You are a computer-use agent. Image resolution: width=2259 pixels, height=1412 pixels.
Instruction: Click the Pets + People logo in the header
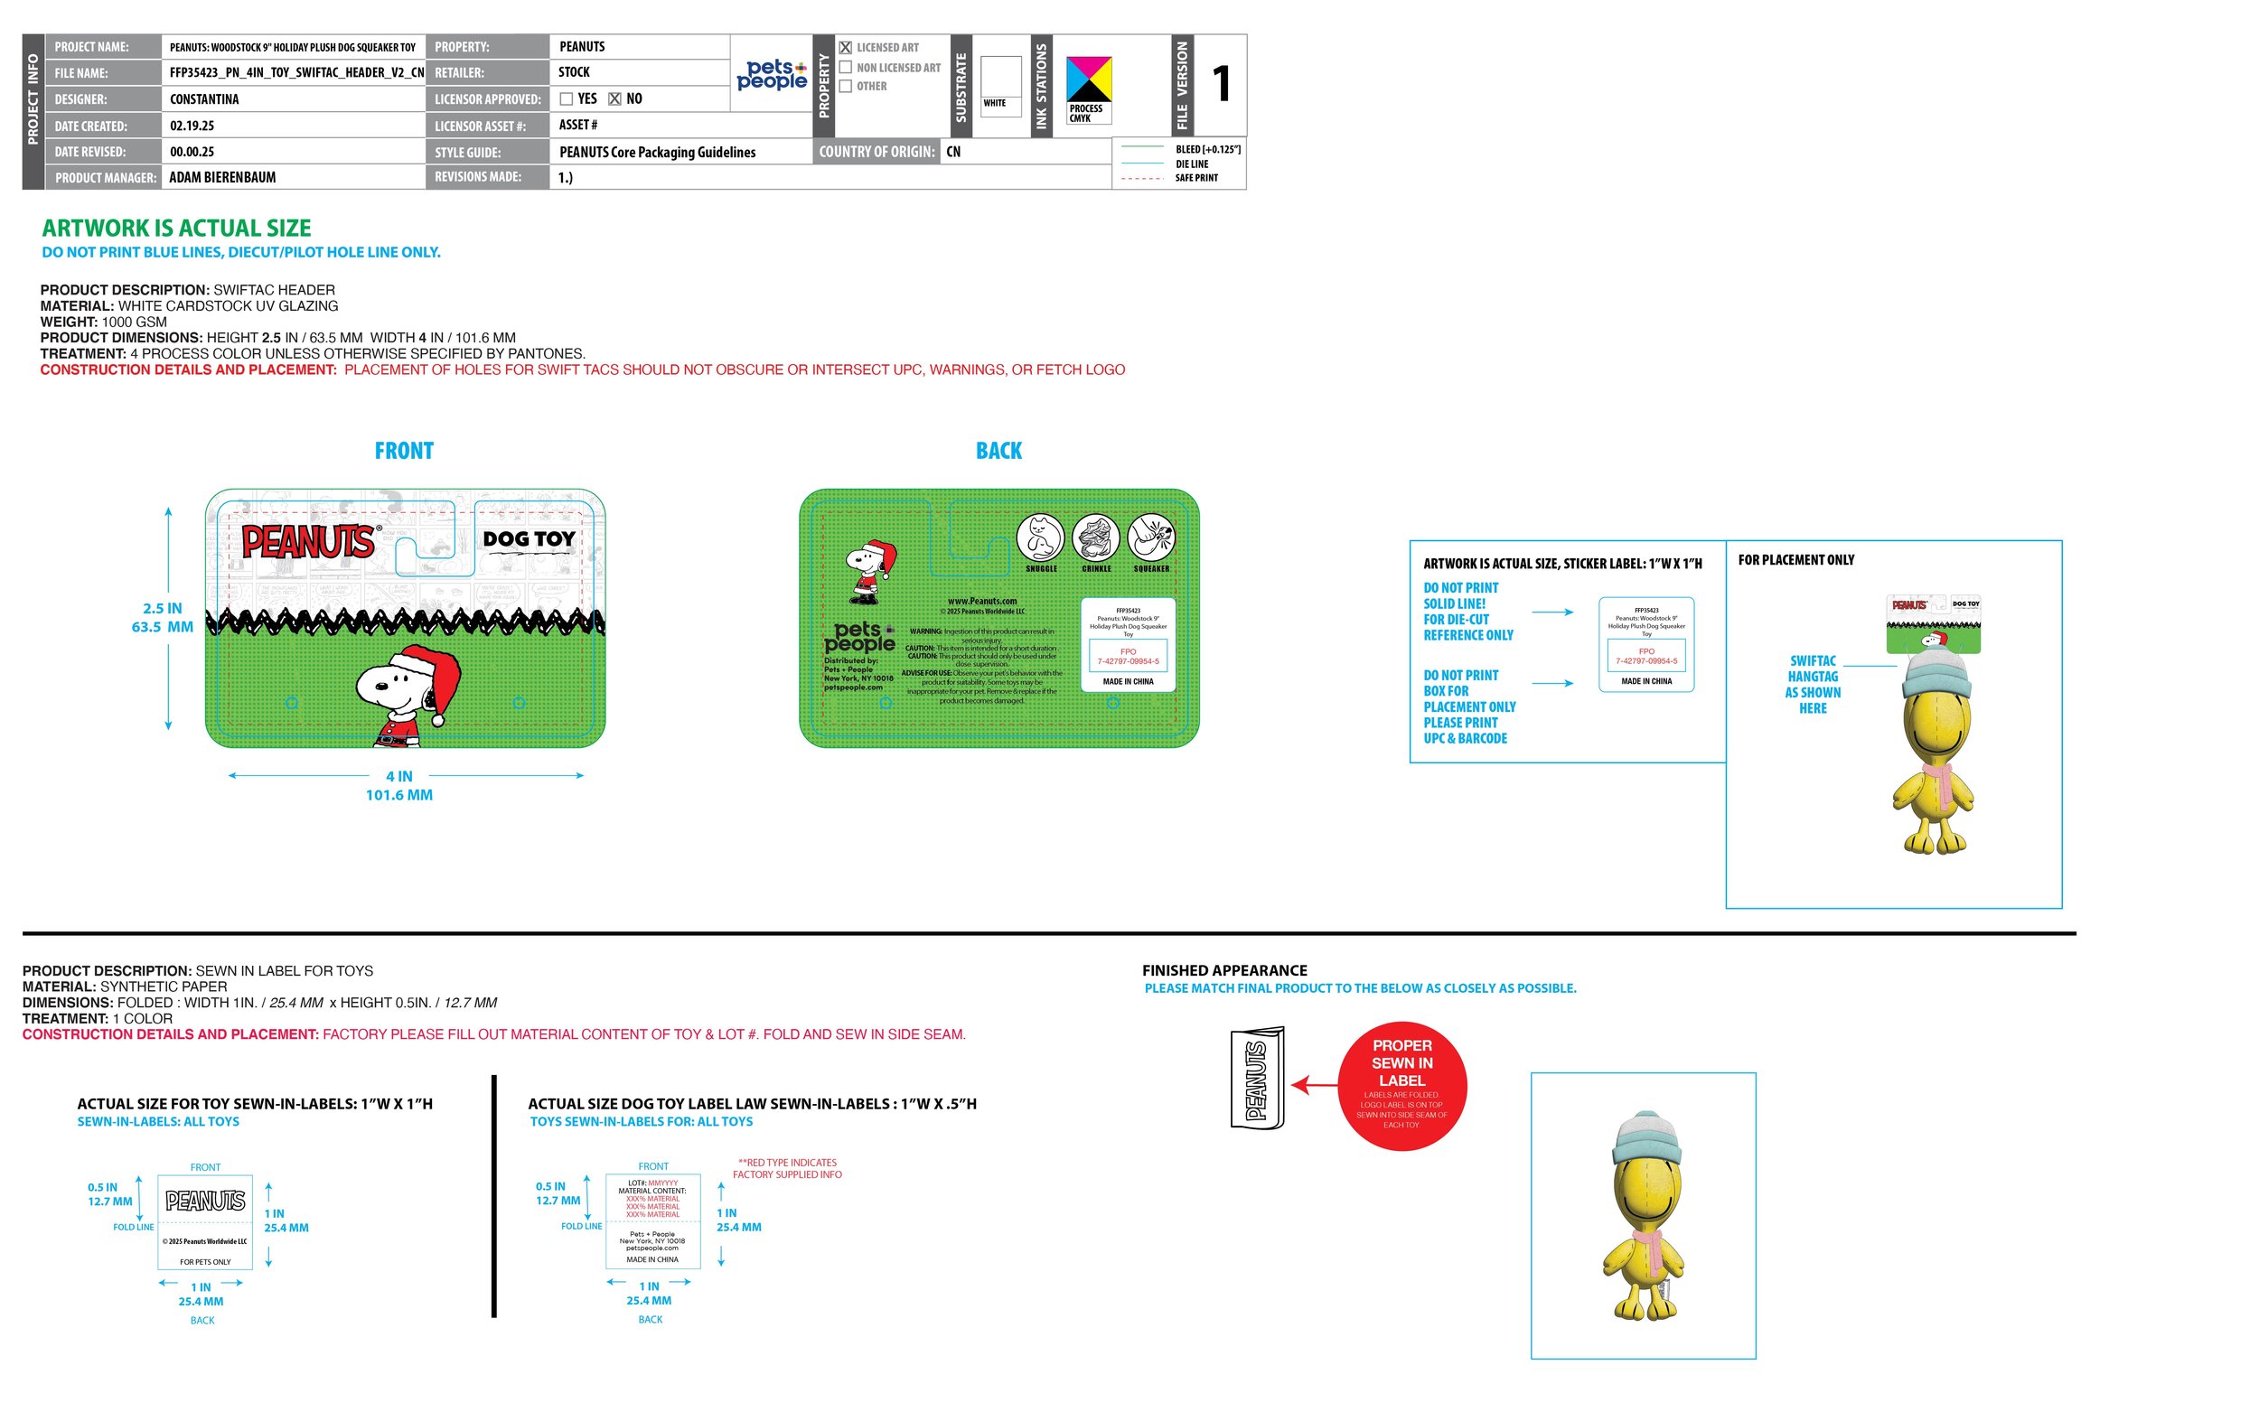772,74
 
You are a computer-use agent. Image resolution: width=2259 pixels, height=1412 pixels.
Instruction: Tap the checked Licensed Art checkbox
845,48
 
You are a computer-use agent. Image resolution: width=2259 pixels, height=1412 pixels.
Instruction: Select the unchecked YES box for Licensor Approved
566,99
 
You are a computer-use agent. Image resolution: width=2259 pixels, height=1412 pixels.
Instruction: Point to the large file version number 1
1221,84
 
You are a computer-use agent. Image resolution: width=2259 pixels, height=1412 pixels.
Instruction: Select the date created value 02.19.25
192,126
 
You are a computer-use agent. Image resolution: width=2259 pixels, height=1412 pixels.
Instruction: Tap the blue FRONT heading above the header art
403,451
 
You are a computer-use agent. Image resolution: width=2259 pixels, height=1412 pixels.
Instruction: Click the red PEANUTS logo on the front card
308,542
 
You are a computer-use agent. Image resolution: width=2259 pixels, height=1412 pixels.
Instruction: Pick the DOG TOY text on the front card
529,538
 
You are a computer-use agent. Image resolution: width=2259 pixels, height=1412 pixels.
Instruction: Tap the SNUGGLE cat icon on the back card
1040,538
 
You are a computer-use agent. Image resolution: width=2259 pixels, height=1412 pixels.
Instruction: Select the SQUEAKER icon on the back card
1150,538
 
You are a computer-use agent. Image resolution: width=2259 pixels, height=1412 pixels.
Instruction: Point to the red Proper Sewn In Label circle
1401,1085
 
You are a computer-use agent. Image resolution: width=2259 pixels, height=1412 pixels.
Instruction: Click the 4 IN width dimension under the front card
398,776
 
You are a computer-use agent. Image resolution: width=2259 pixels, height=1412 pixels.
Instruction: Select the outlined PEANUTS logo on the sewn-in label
205,1201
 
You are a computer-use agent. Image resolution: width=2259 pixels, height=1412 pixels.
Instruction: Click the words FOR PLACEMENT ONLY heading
1795,560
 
